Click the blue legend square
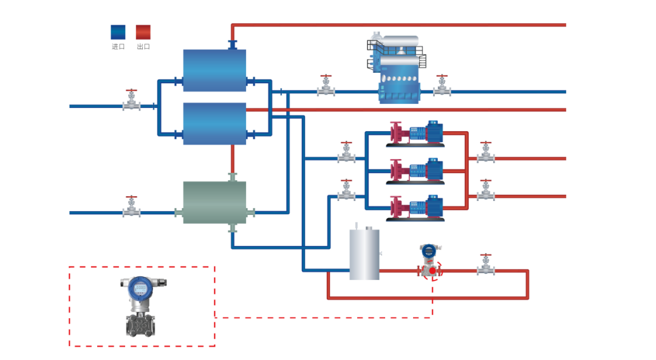[118, 32]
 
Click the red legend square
[143, 32]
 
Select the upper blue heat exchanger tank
[214, 70]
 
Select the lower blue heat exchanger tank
[214, 124]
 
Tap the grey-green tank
[214, 203]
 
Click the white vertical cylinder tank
[364, 254]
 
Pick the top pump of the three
[416, 134]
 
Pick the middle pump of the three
[416, 171]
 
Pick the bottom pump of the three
[416, 208]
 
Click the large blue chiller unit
[398, 70]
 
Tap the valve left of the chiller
[326, 87]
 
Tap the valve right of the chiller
[442, 87]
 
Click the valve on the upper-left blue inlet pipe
[131, 101]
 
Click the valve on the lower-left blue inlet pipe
[131, 208]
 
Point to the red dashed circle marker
[432, 271]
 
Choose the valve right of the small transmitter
[485, 266]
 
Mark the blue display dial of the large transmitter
[140, 288]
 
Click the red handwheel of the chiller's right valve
[442, 76]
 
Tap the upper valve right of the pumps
[485, 154]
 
